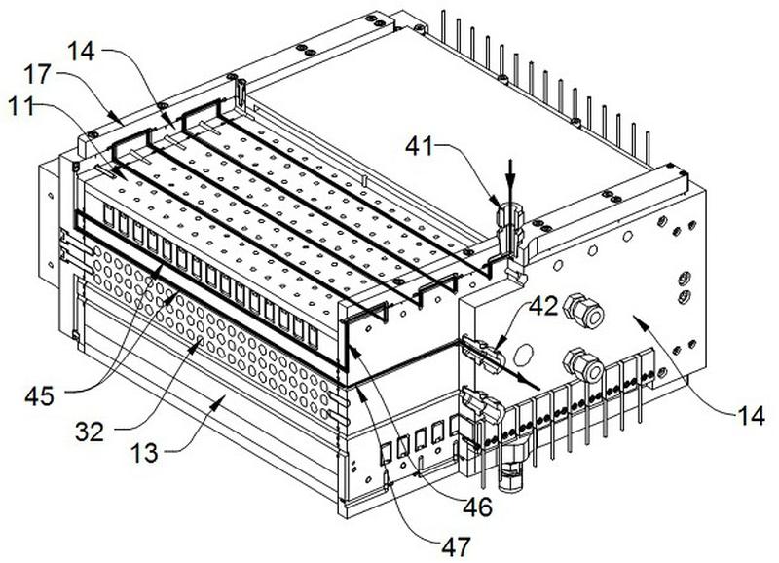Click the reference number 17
pos(37,75)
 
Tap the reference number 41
pos(420,146)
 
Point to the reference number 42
pos(543,307)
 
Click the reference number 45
pos(40,396)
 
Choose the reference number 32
pos(90,432)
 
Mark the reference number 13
pos(144,453)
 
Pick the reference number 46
pos(477,507)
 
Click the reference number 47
pos(456,546)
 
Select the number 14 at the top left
pos(81,51)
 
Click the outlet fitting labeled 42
pos(483,353)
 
